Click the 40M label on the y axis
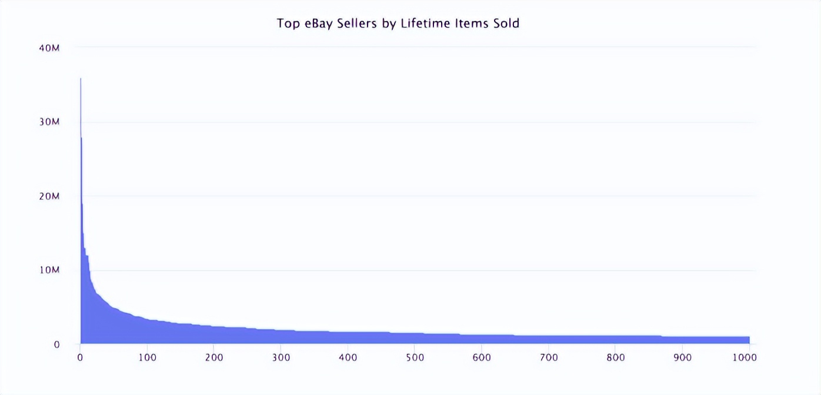coord(49,48)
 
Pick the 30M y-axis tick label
coord(49,122)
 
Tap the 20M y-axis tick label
coord(49,196)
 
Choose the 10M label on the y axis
coord(49,270)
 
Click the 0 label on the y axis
coord(56,344)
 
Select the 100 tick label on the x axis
coord(147,357)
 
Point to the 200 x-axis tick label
coord(214,357)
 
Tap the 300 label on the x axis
coord(281,357)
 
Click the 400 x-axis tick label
coord(348,357)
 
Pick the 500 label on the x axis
coord(415,357)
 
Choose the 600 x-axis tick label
coord(482,357)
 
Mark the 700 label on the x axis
coord(549,357)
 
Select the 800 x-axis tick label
coord(615,357)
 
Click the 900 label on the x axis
coord(682,357)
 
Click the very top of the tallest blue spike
coord(81,79)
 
